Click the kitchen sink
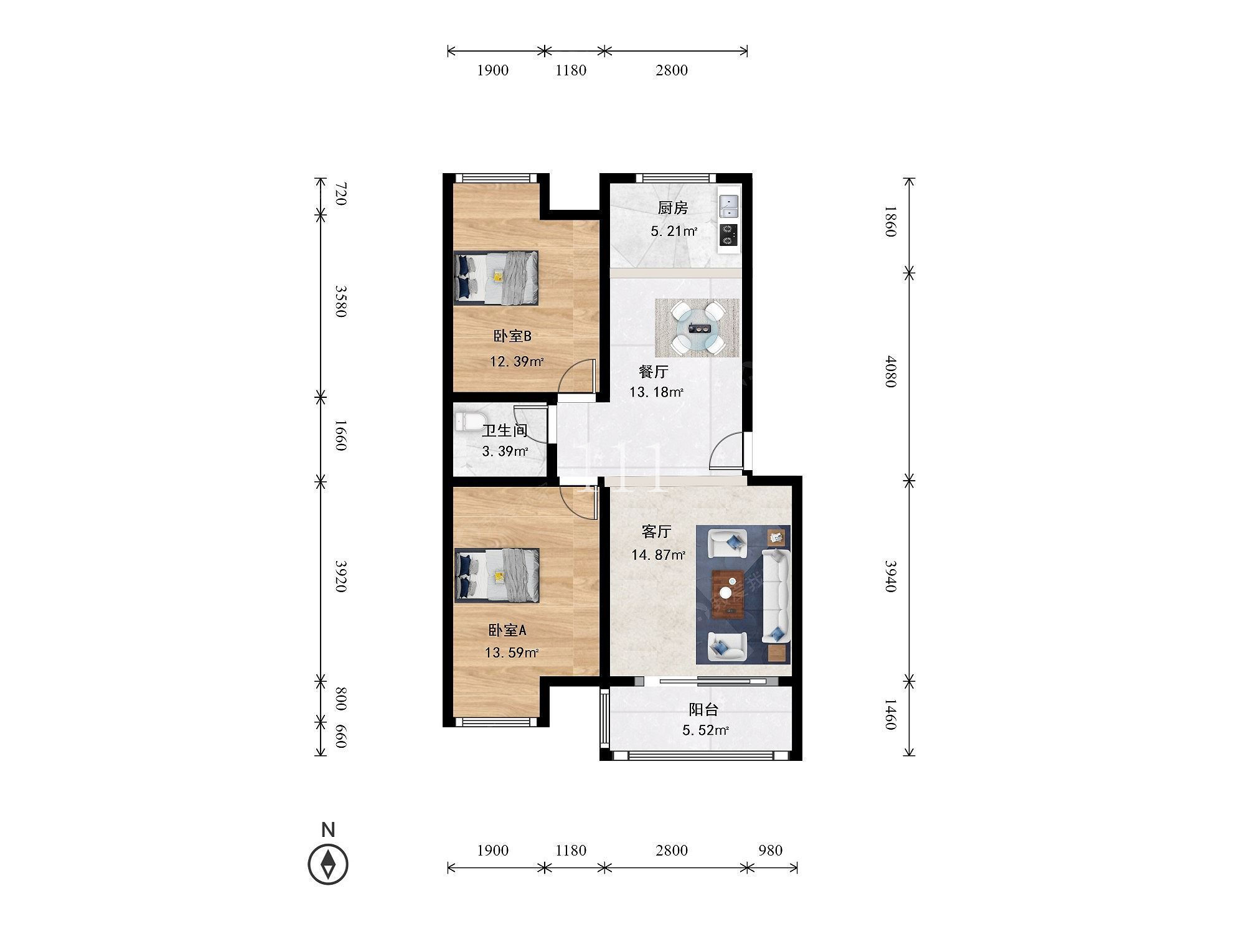[x=728, y=206]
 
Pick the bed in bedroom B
[x=496, y=278]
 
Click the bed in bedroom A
[x=496, y=575]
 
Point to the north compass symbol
[x=328, y=864]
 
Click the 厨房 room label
[x=673, y=208]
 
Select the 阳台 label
[x=703, y=709]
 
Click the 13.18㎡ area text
[x=656, y=392]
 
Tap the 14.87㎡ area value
[x=658, y=554]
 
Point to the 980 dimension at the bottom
[x=770, y=850]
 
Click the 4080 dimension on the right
[x=891, y=372]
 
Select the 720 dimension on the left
[x=341, y=194]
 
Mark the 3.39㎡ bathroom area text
[x=505, y=451]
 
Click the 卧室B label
[x=512, y=336]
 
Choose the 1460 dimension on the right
[x=891, y=715]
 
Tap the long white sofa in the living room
[x=776, y=596]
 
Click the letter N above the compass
[x=328, y=829]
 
